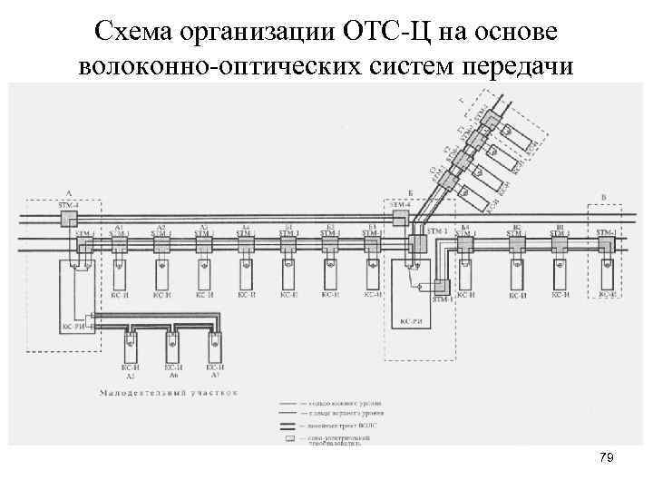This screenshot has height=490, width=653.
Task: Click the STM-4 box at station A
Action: click(x=69, y=218)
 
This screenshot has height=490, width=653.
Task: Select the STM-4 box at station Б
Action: click(x=400, y=218)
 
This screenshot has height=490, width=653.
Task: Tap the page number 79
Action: click(x=607, y=459)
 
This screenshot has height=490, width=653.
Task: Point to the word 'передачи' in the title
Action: click(x=513, y=66)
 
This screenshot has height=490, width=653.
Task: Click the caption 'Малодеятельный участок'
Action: click(x=169, y=393)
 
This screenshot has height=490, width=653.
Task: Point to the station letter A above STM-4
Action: click(x=69, y=193)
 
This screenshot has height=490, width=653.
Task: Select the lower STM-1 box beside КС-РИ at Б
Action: click(x=442, y=289)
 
